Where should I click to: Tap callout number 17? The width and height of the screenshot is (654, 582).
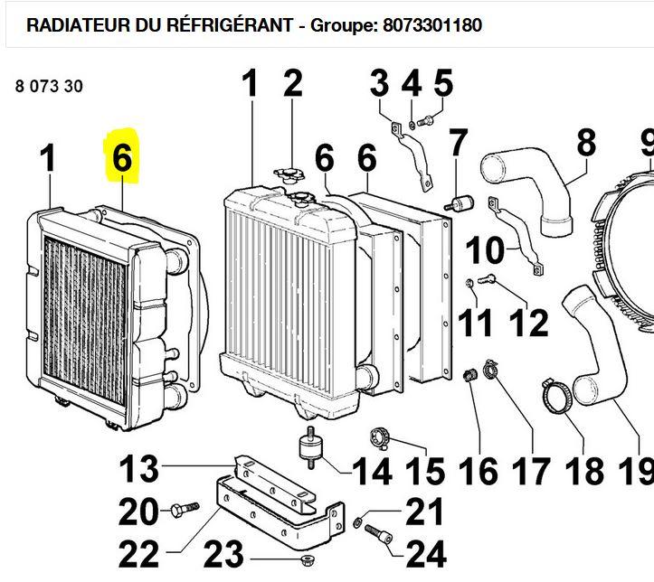531,471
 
